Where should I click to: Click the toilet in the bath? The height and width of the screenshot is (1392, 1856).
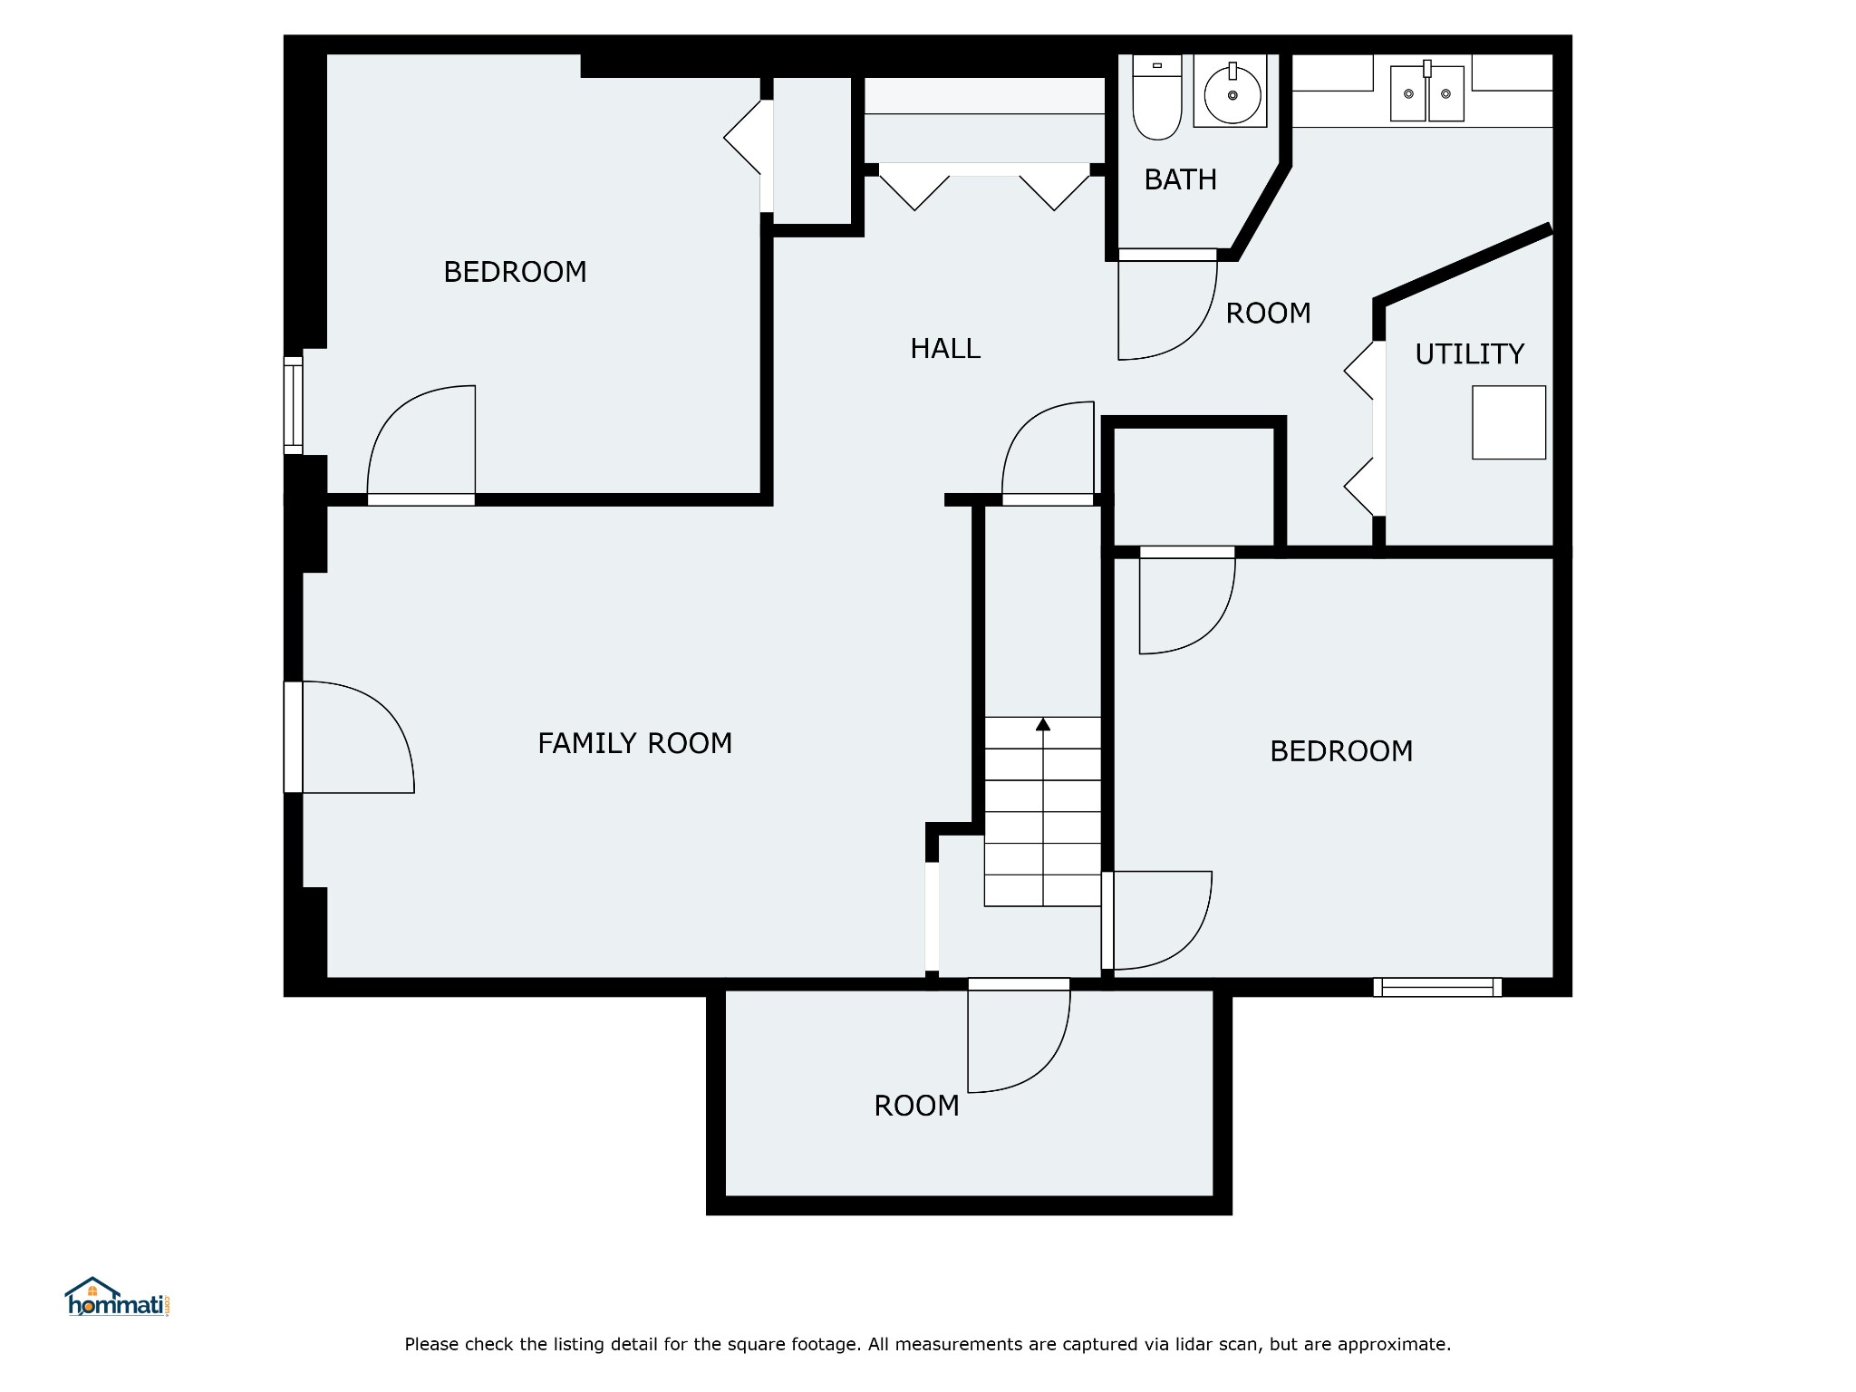coord(1157,97)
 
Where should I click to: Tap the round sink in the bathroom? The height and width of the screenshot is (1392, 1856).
coord(1232,92)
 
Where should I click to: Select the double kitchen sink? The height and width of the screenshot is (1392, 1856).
coord(1427,92)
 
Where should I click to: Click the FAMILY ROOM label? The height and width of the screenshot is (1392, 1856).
coord(634,743)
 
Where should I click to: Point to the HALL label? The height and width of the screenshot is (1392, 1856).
coord(945,348)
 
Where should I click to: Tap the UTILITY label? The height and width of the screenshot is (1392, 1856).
coord(1469,353)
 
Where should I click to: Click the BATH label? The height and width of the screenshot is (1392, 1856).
coord(1180,179)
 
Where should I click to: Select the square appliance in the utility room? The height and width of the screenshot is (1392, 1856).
coord(1508,422)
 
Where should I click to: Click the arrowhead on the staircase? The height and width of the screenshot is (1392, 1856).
coord(1043,724)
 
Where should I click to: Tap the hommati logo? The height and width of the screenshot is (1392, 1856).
coord(118,1297)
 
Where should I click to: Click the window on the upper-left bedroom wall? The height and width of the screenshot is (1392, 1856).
coord(293,405)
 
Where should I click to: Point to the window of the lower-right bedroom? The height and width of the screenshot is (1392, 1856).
coord(1437,987)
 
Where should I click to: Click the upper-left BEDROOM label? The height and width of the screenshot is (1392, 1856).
coord(515,272)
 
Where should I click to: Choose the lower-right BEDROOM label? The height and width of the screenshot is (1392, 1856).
coord(1341,751)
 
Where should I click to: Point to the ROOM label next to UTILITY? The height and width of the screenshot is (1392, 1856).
coord(1268,314)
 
